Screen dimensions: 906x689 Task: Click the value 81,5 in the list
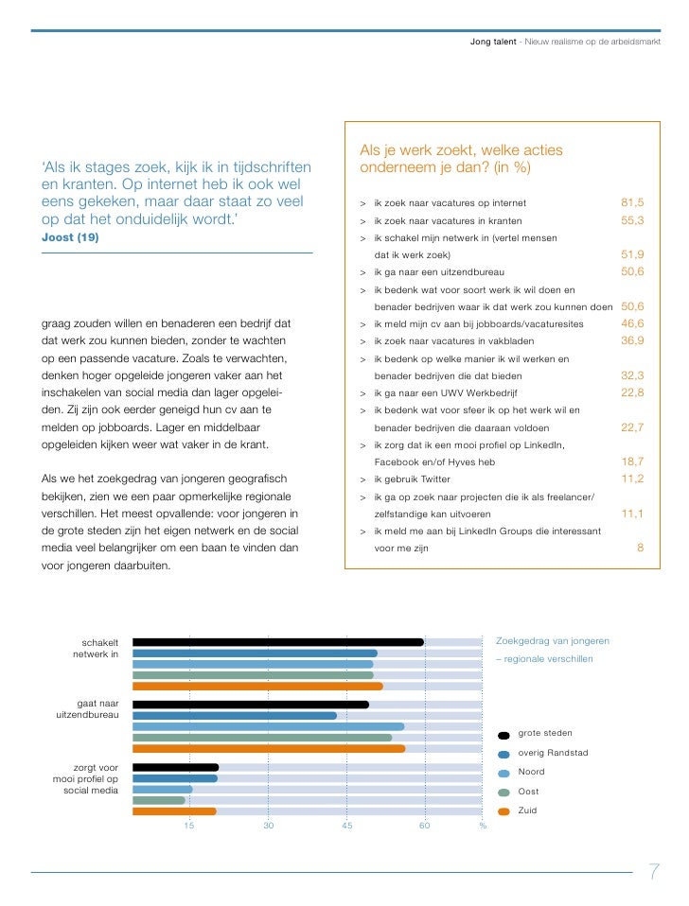632,203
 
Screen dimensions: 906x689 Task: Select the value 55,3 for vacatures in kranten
632,220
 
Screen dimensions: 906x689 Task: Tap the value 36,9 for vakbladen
632,340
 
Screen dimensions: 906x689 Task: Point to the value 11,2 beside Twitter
632,479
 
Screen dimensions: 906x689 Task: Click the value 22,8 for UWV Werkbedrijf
632,392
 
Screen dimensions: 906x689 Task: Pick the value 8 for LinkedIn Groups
640,548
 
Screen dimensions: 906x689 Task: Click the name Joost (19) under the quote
70,237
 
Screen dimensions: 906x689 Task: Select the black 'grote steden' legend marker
503,735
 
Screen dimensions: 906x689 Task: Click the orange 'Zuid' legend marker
503,811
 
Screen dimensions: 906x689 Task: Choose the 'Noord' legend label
532,773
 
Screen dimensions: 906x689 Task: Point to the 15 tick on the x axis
189,827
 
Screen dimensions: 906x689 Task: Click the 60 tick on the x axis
425,827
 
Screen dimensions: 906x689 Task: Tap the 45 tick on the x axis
346,827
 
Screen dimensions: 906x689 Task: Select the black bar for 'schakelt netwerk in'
277,642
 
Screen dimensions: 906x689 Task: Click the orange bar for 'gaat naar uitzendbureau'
268,749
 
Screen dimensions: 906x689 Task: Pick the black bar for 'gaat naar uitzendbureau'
250,705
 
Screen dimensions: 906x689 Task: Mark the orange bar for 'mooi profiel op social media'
174,811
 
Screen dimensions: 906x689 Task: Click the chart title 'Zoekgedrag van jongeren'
553,641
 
